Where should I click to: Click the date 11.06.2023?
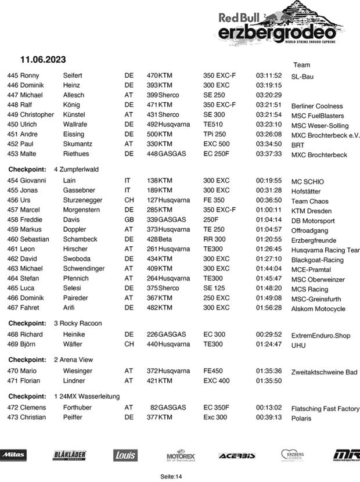43,60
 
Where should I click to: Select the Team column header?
301,65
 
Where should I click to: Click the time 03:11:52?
268,75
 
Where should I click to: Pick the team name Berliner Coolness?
317,106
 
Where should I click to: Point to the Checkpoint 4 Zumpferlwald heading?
53,170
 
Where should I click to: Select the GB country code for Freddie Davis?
129,220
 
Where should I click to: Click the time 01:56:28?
268,308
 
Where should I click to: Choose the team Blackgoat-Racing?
318,260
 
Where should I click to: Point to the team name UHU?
298,345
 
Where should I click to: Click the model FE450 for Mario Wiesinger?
214,371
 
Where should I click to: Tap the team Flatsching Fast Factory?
325,409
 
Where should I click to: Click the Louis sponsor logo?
125,455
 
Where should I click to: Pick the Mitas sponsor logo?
13,455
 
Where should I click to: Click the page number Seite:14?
171,476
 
